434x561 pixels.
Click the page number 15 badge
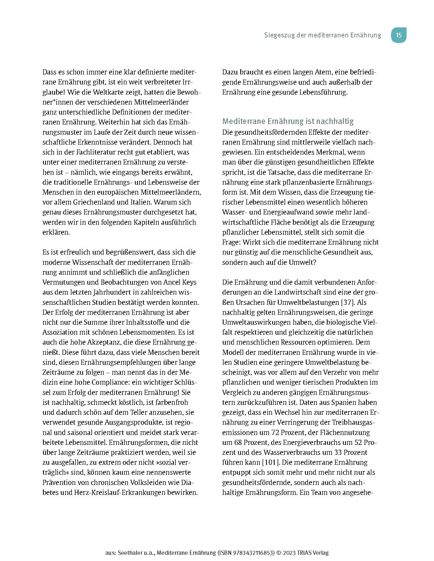coord(399,35)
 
